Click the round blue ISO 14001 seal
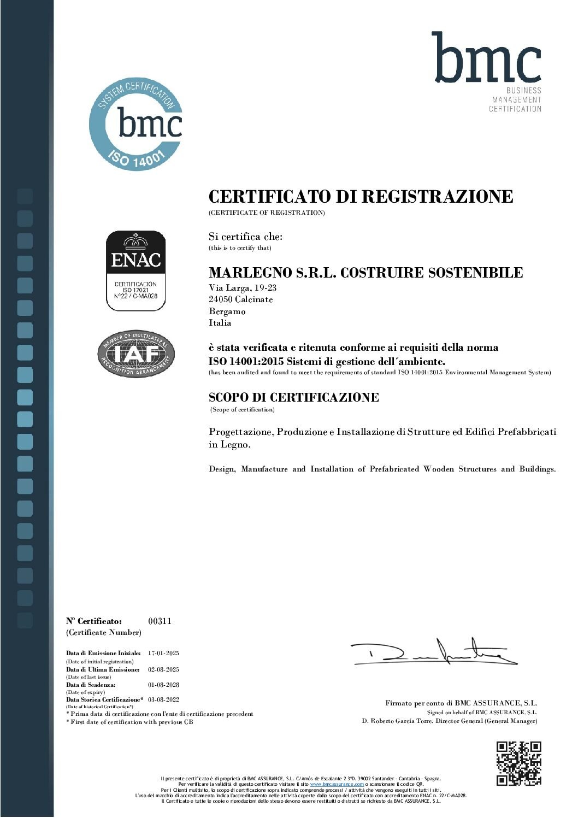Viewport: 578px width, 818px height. coord(135,124)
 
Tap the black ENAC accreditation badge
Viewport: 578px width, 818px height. coord(135,270)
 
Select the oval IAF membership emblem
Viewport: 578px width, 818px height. coord(136,354)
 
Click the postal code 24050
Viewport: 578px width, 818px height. coord(221,299)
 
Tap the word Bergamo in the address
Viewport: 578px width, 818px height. coord(227,311)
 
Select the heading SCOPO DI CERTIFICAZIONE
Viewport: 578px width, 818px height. coord(293,397)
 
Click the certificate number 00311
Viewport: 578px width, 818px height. coord(160,621)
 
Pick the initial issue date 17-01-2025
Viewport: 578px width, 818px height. coord(163,653)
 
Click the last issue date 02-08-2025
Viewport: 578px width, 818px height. coord(163,669)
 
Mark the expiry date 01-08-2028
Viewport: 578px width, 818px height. coord(163,685)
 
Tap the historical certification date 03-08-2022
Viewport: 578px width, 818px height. coord(163,699)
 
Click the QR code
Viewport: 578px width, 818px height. coord(518,763)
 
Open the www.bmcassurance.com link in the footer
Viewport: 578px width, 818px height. coord(337,784)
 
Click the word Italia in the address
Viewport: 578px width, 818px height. coord(220,323)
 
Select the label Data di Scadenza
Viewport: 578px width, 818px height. coord(91,685)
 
